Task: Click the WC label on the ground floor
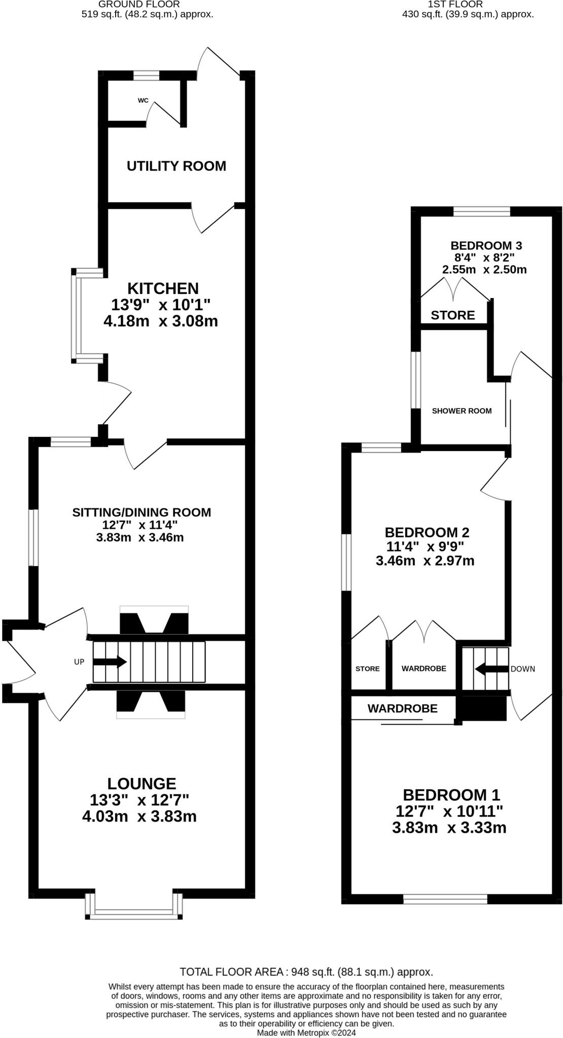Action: pos(143,100)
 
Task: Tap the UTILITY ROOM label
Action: pos(176,166)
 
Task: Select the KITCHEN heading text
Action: pos(163,288)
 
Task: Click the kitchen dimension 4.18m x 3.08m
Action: pos(160,321)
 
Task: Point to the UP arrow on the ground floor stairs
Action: pos(110,662)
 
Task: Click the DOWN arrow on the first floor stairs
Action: pos(491,669)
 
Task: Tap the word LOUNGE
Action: pos(142,784)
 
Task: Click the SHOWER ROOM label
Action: pos(462,411)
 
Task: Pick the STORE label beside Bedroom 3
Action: pos(452,315)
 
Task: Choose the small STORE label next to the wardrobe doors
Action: pos(367,669)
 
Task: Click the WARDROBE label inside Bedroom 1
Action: pos(402,709)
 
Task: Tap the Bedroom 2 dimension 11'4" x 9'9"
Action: pos(425,546)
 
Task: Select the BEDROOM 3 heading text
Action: pos(479,245)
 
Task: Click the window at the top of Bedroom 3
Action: pos(481,211)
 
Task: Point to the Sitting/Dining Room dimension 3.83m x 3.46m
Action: pos(139,537)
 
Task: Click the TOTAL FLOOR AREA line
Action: pos(306,972)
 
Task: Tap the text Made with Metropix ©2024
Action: pos(306,1032)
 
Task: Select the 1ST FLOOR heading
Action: pos(455,4)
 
